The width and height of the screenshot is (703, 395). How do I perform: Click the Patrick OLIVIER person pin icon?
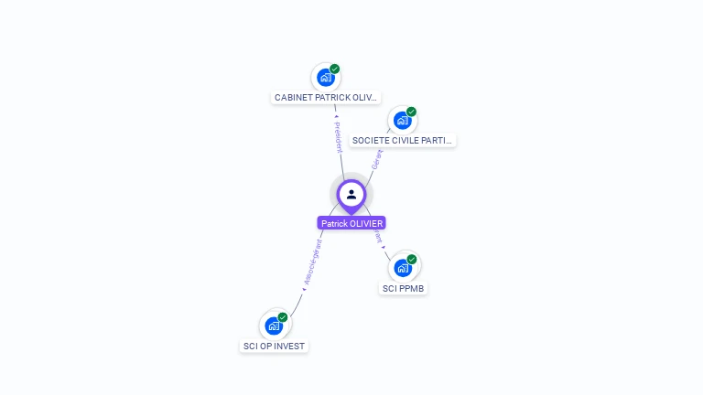[351, 194]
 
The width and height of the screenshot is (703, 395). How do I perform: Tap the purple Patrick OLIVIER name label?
[351, 223]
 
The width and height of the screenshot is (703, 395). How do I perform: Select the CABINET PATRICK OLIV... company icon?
[325, 78]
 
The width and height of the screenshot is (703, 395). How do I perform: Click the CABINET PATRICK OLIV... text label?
[326, 97]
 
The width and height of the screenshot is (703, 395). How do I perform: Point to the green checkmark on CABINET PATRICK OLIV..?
[335, 69]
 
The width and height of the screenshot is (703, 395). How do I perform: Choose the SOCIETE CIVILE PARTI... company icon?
[402, 121]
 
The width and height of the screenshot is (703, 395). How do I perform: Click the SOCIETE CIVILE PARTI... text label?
[403, 141]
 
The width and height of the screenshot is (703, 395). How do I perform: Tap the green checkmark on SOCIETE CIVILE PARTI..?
[412, 112]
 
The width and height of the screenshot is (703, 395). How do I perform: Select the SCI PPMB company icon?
[403, 268]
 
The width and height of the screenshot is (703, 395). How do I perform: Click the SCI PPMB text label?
[403, 289]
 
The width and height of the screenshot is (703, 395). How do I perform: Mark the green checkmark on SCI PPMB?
[412, 260]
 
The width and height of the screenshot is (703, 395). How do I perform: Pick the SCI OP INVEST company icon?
[273, 326]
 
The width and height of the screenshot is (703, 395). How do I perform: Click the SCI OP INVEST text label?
[274, 347]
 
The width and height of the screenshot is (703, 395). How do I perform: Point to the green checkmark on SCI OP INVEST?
[283, 317]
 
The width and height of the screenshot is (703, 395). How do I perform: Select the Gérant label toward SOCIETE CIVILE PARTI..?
[376, 159]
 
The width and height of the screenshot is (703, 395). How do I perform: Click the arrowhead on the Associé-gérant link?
[304, 290]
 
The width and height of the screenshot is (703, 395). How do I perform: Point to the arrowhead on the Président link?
[336, 117]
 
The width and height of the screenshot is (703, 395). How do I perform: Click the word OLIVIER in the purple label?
[366, 223]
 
